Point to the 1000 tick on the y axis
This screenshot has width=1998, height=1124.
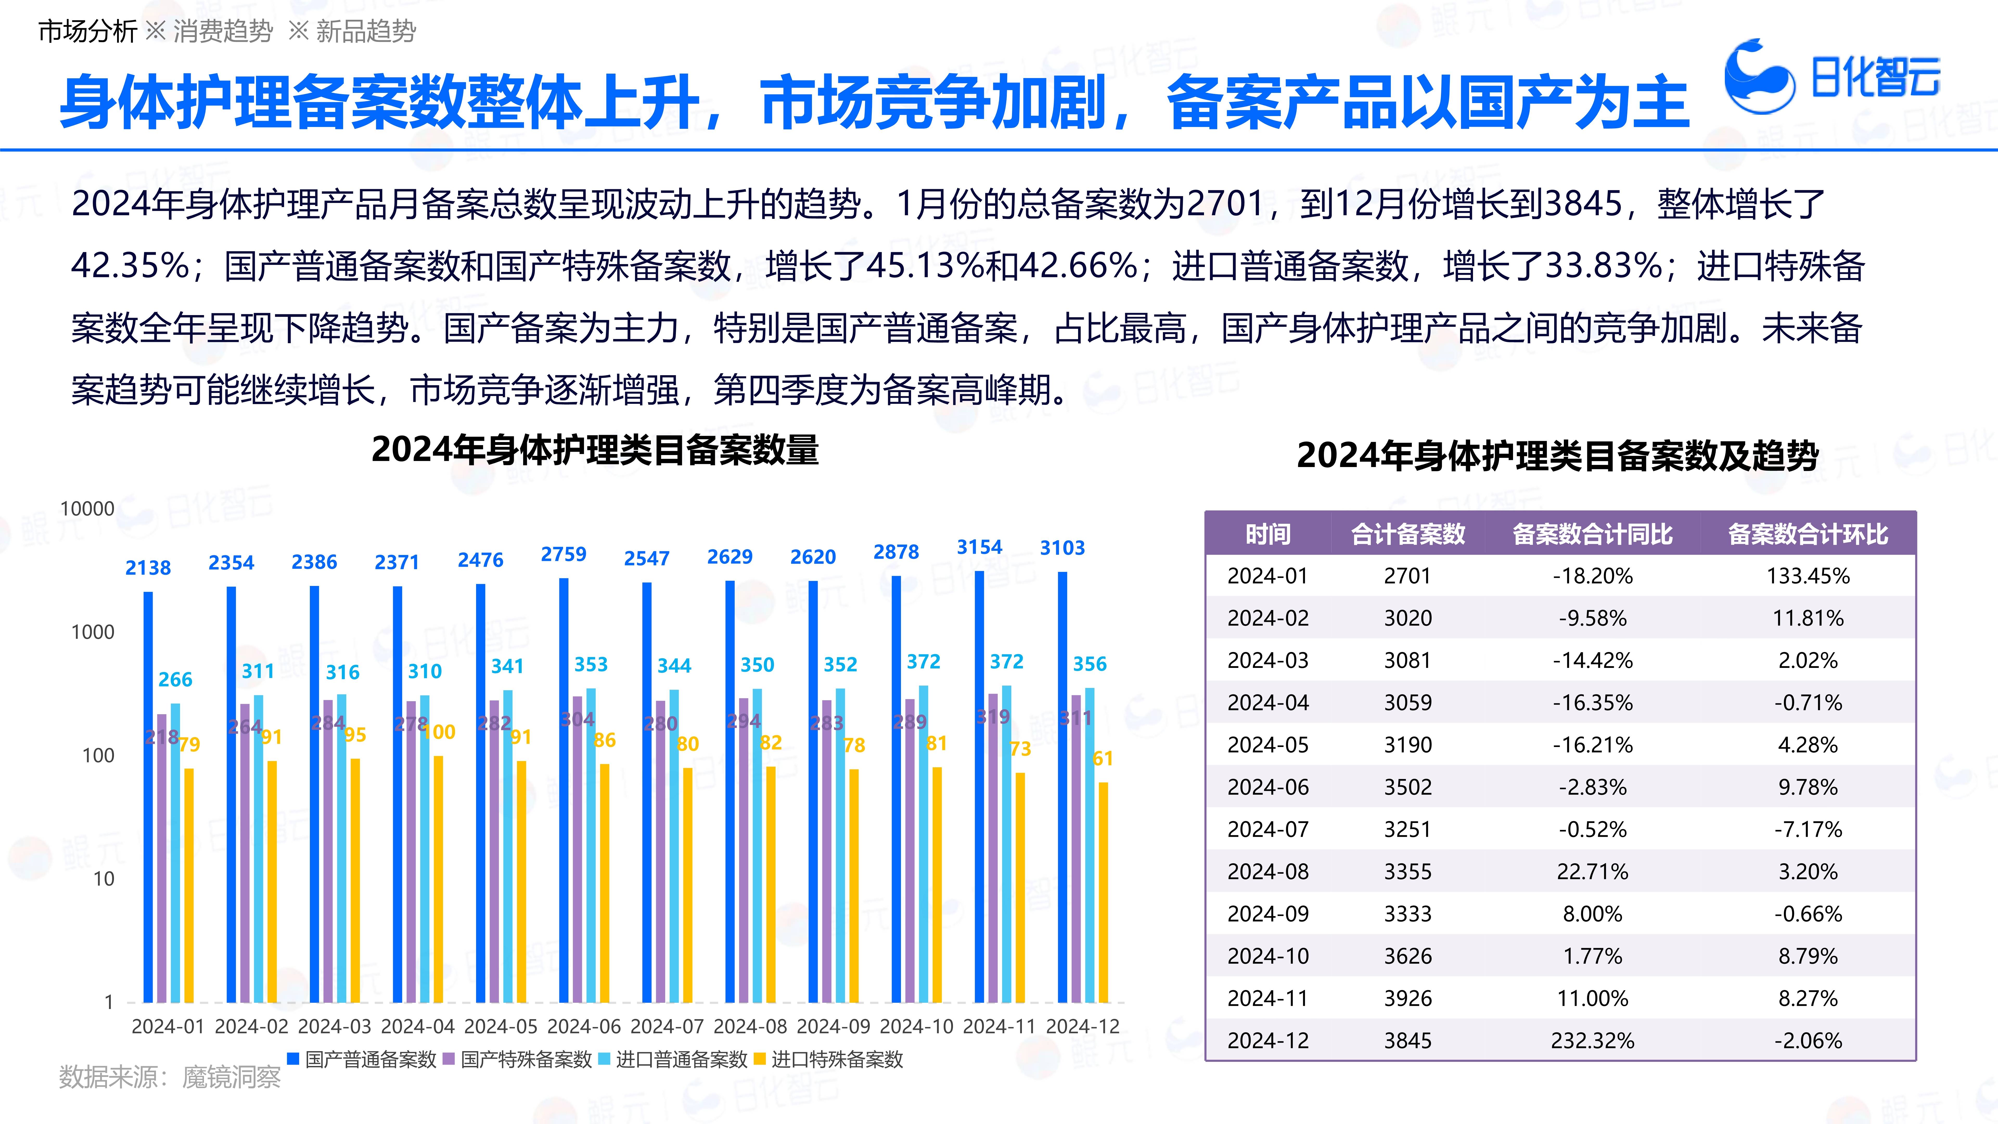[93, 632]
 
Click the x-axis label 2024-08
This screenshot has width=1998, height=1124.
[750, 1026]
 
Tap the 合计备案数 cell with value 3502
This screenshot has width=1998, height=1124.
[1408, 787]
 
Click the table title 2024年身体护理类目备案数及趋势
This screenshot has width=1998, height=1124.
[1558, 455]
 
